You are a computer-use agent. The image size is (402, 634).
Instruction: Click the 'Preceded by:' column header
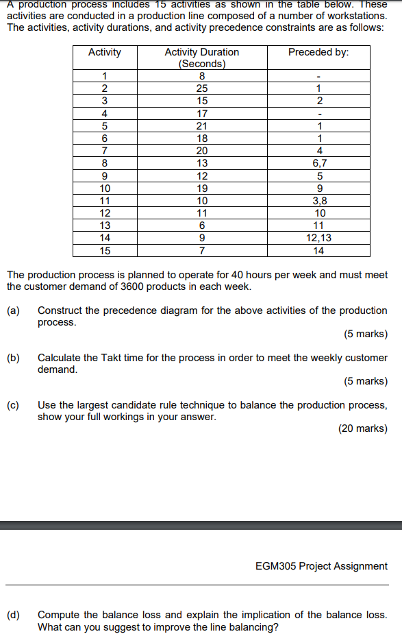coord(318,53)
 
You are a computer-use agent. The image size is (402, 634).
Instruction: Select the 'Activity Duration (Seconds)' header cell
coord(201,58)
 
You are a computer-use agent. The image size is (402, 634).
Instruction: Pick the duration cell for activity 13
coord(201,225)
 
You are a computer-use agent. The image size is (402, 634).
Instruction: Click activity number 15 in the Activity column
coord(105,250)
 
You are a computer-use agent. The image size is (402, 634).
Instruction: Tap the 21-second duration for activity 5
coord(201,126)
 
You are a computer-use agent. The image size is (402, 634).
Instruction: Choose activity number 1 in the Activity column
coord(105,76)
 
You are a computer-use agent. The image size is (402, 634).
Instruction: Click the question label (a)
coord(13,310)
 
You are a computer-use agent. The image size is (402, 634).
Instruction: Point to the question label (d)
coord(13,615)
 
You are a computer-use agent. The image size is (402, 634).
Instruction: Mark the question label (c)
coord(13,405)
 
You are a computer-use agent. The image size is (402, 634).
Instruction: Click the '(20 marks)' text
coord(362,429)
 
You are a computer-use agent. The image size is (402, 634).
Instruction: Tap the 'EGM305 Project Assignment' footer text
coord(321,566)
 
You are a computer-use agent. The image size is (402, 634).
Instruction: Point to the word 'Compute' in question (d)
coord(58,615)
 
